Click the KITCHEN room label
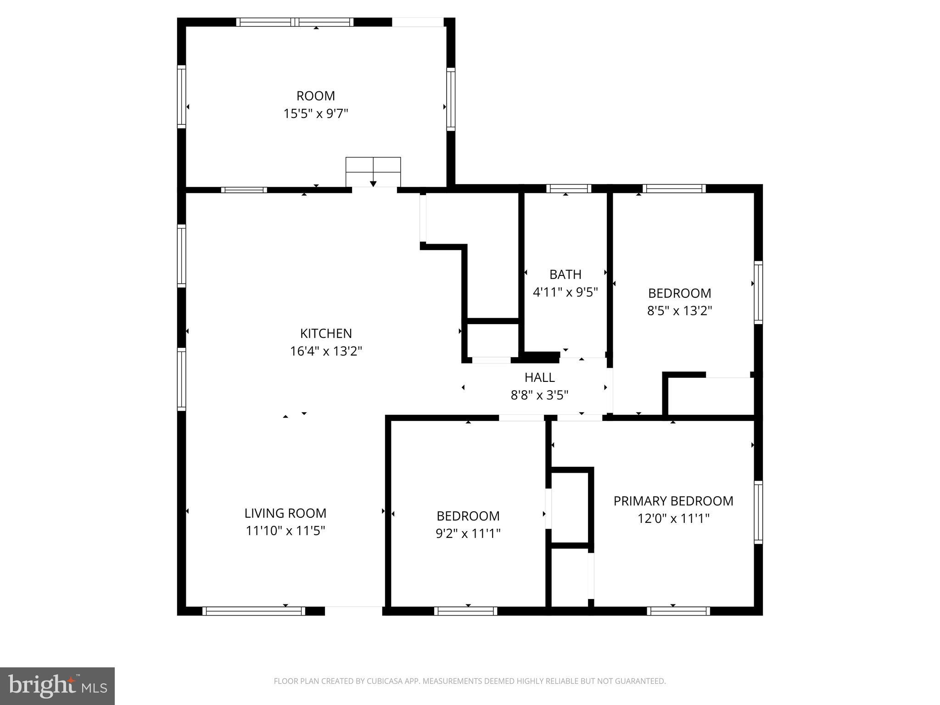click(x=326, y=333)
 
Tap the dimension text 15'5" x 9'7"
click(x=316, y=113)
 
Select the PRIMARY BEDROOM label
click(x=673, y=501)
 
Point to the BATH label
click(x=565, y=274)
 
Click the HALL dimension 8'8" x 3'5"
click(x=539, y=395)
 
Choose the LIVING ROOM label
click(x=285, y=513)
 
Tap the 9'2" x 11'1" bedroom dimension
click(x=468, y=533)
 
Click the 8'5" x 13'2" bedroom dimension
click(x=679, y=311)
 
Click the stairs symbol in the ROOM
click(x=373, y=172)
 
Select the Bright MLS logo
click(x=57, y=686)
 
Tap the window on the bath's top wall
click(x=569, y=189)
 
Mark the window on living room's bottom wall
click(x=253, y=611)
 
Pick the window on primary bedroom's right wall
click(x=758, y=512)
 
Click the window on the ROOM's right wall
click(x=451, y=99)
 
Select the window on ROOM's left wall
click(x=182, y=96)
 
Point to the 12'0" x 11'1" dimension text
click(x=673, y=519)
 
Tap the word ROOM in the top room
click(x=316, y=96)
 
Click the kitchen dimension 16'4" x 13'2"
click(x=326, y=351)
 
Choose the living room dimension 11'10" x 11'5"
click(x=285, y=531)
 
